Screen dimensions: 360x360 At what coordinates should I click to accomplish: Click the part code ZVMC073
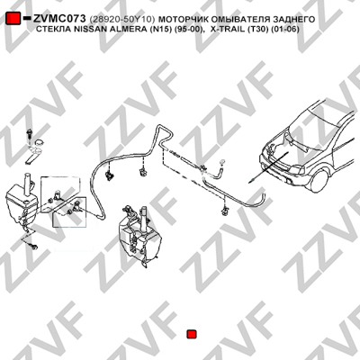[59, 19]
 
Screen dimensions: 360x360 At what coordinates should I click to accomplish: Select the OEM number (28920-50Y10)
[122, 20]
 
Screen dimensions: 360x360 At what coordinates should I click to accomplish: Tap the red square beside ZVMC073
[13, 19]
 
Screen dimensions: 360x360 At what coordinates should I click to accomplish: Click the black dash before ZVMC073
[27, 18]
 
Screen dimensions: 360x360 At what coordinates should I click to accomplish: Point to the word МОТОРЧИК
[182, 20]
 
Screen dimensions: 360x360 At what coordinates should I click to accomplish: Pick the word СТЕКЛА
[54, 30]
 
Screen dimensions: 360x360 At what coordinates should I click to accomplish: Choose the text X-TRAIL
[228, 30]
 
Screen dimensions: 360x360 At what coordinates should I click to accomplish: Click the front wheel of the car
[319, 181]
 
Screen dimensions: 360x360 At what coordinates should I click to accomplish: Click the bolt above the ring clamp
[30, 134]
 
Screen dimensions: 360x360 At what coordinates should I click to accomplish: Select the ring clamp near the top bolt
[39, 142]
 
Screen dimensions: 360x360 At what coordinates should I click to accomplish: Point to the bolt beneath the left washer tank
[33, 247]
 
